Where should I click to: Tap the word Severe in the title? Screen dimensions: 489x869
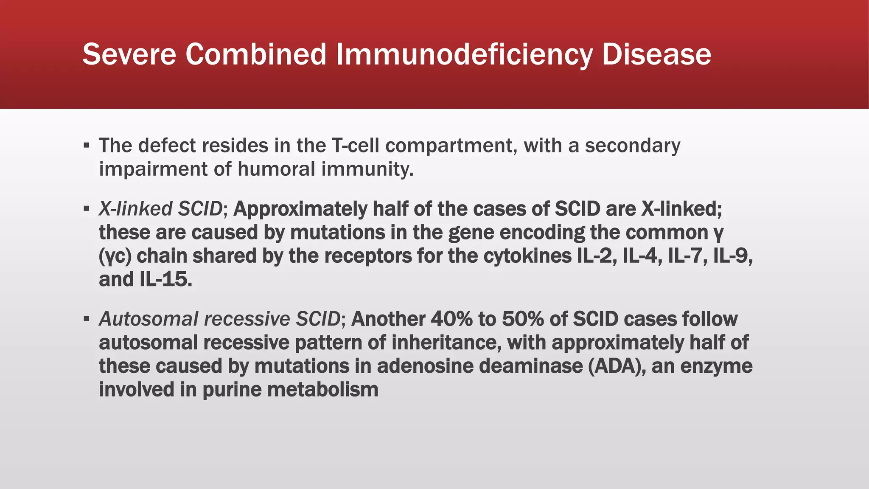(129, 54)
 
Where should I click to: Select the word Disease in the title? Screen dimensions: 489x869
(656, 54)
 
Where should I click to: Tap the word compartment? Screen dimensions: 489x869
(451, 146)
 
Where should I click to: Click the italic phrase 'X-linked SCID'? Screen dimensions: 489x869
(160, 209)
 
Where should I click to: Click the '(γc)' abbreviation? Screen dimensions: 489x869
(115, 256)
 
